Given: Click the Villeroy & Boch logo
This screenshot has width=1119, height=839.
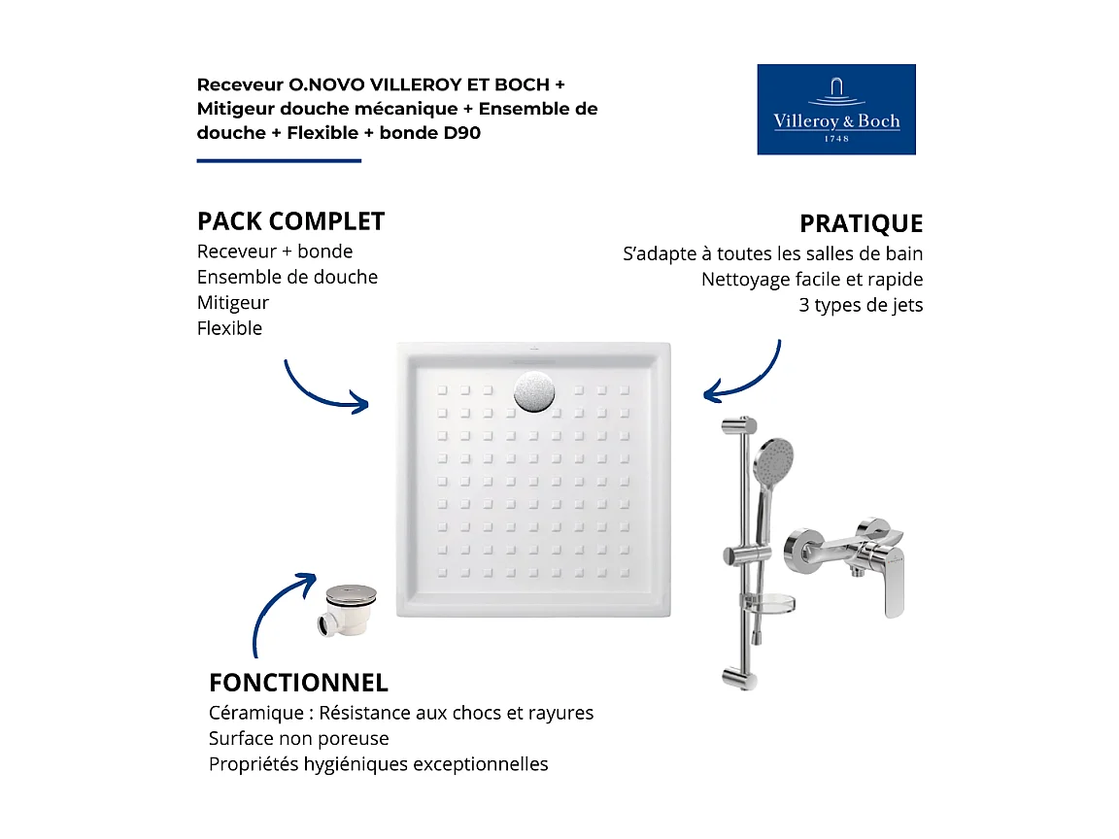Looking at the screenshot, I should click(x=836, y=109).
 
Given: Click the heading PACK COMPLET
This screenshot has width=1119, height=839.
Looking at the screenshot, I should click(x=290, y=221).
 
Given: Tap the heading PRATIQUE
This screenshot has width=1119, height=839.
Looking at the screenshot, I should click(x=861, y=223).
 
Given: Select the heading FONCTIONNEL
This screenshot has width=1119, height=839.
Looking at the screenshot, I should click(x=298, y=683).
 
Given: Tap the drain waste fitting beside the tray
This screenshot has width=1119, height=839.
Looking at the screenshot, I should click(x=346, y=610).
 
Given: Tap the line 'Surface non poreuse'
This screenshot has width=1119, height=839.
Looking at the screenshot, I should click(x=299, y=738).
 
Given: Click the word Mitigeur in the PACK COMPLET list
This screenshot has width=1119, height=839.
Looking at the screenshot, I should click(x=233, y=303).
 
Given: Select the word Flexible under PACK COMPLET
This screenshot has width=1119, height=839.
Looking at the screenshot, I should click(x=230, y=328).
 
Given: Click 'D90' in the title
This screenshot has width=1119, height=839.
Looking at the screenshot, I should click(x=461, y=132).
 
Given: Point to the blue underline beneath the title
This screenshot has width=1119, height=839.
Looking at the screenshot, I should click(x=279, y=160).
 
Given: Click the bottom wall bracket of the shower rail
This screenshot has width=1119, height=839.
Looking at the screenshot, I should click(x=739, y=676).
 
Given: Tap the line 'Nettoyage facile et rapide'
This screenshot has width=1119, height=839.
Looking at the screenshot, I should click(x=812, y=280).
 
